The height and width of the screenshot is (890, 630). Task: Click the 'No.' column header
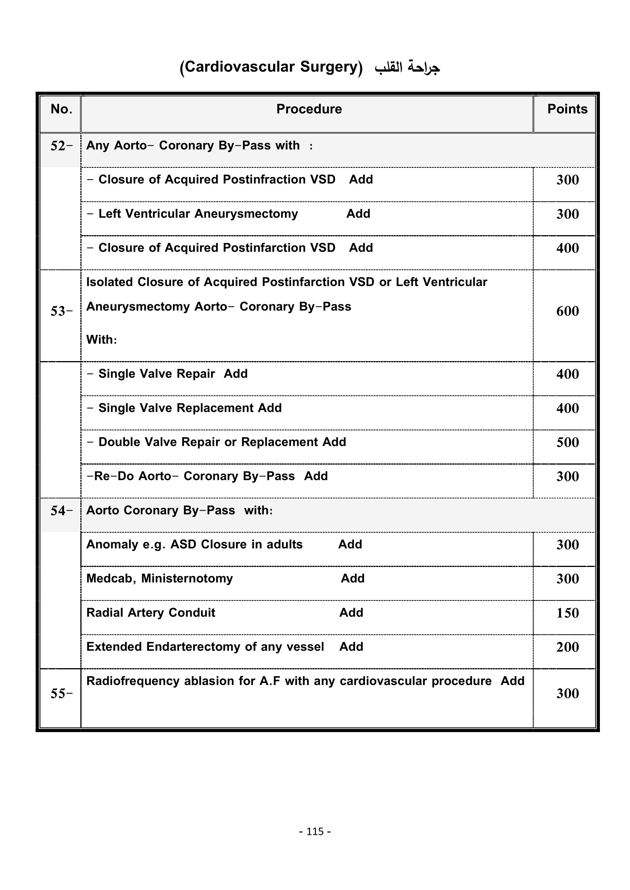(61, 109)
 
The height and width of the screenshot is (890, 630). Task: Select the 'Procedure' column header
(309, 109)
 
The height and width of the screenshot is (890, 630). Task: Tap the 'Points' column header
(567, 109)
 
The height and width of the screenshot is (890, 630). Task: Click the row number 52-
(61, 146)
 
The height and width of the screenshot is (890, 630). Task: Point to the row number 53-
(61, 311)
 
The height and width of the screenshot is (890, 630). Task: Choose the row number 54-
(61, 511)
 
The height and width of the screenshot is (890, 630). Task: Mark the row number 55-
(61, 694)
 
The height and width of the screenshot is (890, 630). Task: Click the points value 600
(567, 311)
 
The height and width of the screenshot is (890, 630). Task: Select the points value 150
(567, 613)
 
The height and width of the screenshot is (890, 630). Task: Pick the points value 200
(567, 647)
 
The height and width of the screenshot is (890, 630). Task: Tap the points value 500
(567, 442)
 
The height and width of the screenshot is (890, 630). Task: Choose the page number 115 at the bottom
(315, 831)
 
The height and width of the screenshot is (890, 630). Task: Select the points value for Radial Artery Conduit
(567, 613)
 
